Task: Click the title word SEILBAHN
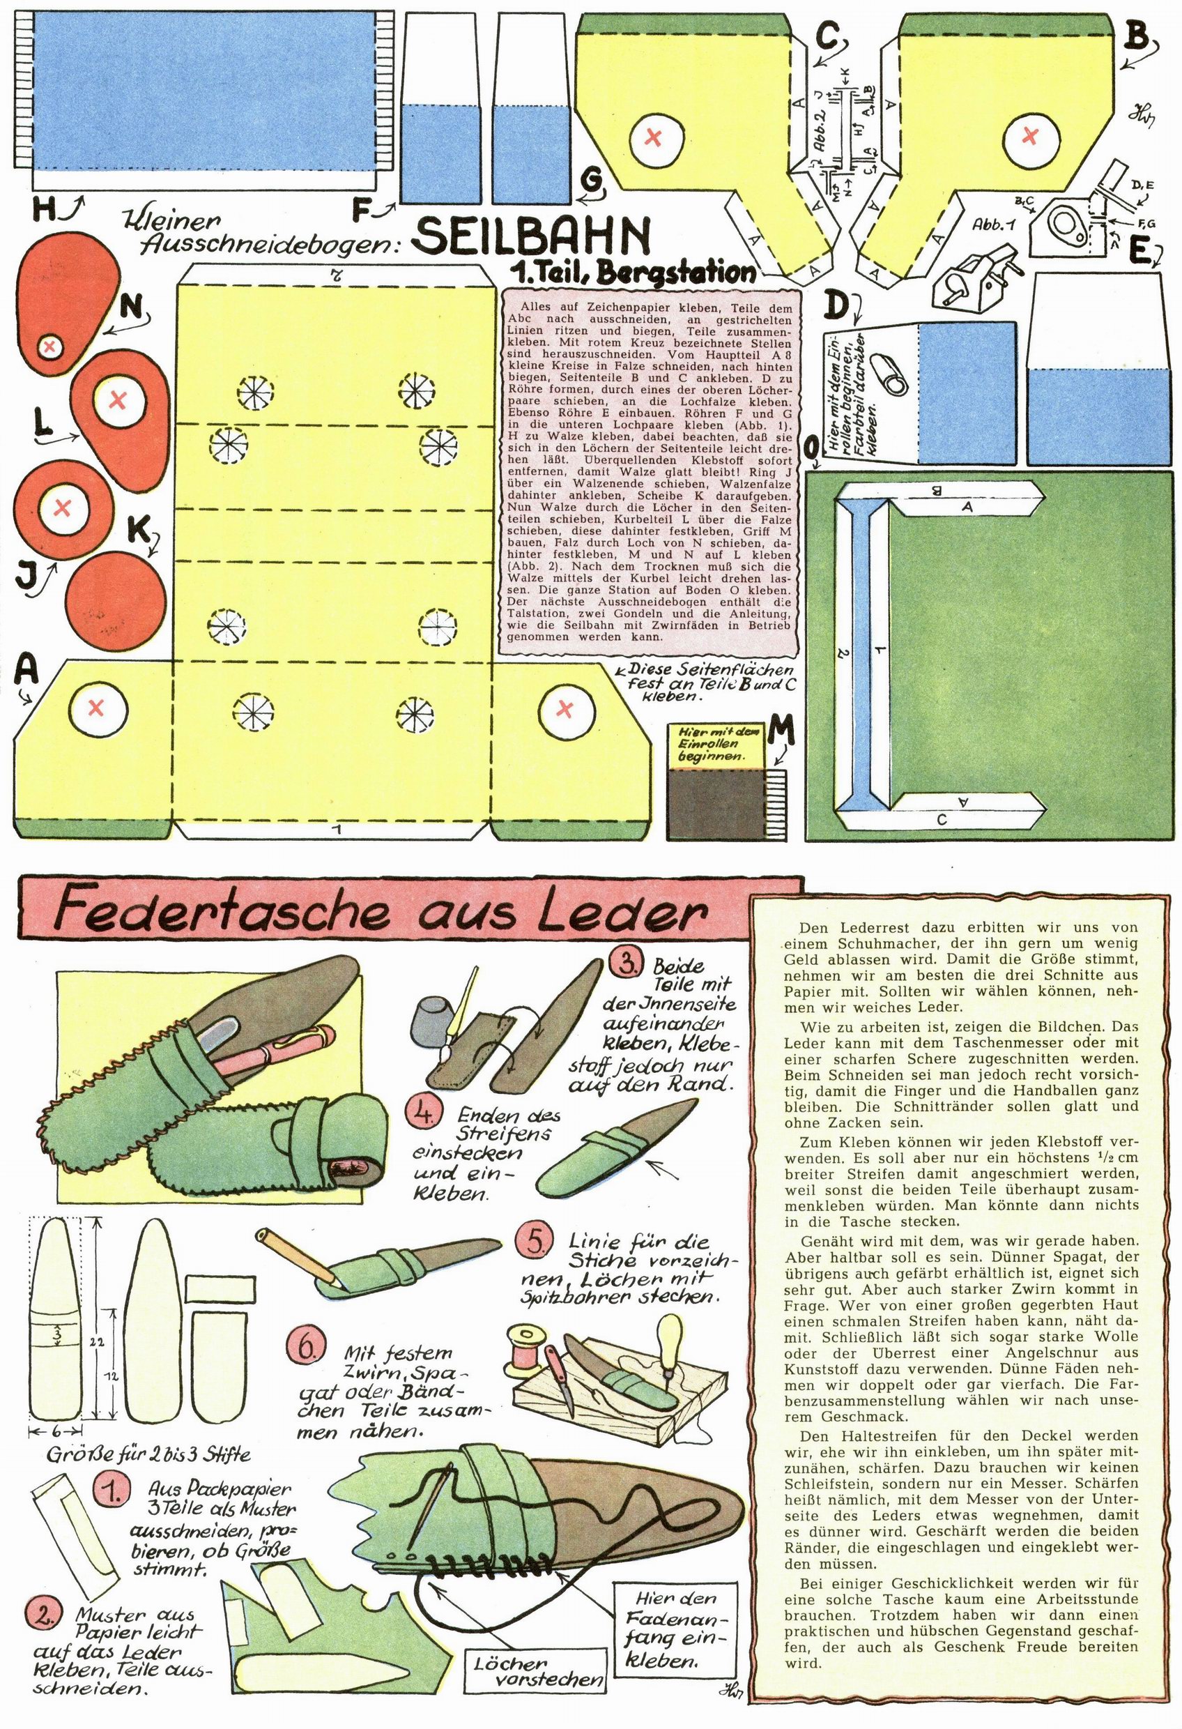pyautogui.click(x=531, y=236)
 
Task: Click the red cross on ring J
pyautogui.click(x=63, y=508)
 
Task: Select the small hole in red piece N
pyautogui.click(x=51, y=345)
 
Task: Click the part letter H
pyautogui.click(x=45, y=211)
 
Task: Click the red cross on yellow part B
pyautogui.click(x=1030, y=135)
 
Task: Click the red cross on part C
pyautogui.click(x=654, y=137)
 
